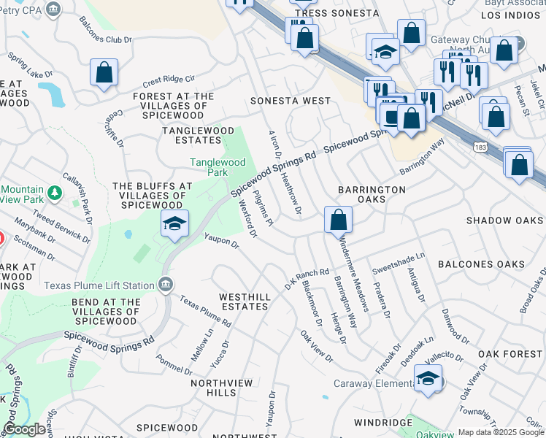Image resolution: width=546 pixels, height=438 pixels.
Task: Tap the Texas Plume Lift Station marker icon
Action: point(166,284)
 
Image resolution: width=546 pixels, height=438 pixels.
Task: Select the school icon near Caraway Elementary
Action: point(428,379)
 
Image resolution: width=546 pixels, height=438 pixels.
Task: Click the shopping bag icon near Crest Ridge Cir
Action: point(104,73)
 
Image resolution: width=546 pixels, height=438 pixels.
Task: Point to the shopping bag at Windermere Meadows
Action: point(338,220)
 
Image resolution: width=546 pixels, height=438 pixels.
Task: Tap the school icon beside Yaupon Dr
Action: point(174,224)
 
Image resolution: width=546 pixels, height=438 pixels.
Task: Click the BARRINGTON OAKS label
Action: point(372,194)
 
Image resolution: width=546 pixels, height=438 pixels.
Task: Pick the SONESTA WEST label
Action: point(285,101)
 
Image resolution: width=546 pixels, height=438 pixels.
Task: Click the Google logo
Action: point(24,430)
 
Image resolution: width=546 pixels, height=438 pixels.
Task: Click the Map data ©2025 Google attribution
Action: point(500,432)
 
